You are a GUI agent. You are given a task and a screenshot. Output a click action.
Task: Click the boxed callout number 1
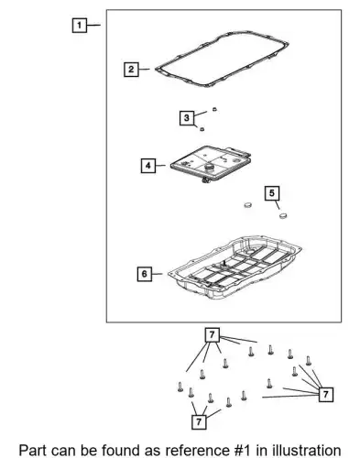80,25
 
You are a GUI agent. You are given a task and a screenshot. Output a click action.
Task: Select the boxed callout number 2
131,70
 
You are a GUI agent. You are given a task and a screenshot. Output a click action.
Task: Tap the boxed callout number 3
187,118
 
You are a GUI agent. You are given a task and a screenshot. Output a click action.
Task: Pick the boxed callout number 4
148,166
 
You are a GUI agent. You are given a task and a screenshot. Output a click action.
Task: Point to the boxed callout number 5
272,193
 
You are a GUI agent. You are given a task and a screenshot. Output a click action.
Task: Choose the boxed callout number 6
145,274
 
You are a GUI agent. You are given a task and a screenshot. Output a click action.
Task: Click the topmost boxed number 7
213,335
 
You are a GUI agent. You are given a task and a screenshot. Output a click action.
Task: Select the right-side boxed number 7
325,394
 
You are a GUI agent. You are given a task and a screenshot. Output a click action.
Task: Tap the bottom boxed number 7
199,422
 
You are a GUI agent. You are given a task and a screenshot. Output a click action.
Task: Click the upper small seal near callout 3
214,109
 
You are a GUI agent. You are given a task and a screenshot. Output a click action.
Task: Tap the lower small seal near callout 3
202,129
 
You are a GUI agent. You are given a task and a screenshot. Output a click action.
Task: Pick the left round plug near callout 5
248,205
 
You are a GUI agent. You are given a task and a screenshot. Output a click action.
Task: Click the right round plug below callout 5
283,215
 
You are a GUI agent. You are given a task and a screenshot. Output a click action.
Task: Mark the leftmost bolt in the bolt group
180,387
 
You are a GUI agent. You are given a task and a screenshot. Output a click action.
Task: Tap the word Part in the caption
33,451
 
